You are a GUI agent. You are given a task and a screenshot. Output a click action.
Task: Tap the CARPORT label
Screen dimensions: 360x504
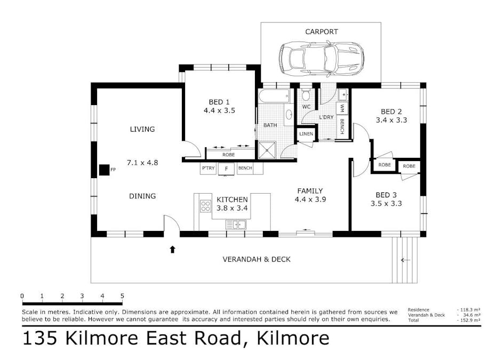coord(321,32)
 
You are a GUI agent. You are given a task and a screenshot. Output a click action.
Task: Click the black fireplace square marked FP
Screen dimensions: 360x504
coord(103,170)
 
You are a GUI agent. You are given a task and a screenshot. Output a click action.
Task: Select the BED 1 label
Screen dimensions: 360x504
coord(219,102)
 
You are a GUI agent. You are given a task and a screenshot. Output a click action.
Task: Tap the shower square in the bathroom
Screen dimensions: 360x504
coord(267,150)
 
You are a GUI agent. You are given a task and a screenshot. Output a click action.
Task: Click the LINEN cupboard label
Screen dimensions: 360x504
coord(306,134)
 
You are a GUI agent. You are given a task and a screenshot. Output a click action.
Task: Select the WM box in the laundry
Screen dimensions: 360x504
coord(342,108)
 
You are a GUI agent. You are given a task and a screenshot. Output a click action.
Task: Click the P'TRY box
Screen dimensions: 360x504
coord(207,169)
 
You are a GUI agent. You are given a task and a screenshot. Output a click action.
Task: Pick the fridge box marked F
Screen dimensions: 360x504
coord(226,169)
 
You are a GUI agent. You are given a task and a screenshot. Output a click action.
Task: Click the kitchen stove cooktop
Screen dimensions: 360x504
coord(205,205)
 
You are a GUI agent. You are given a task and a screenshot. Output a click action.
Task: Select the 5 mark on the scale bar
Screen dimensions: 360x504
coord(122,296)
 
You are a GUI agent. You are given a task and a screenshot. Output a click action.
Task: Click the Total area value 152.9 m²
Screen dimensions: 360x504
coord(469,320)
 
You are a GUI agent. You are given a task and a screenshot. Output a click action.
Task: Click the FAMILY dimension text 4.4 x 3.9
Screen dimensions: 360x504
coord(310,199)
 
